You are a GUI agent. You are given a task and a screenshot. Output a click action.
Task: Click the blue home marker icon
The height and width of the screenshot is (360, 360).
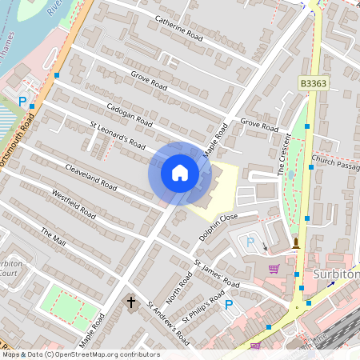[x=179, y=173]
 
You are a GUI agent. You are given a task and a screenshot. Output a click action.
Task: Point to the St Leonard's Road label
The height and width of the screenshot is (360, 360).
[x=118, y=134]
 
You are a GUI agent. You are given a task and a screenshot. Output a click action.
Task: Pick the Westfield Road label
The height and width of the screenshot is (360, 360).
[x=73, y=204]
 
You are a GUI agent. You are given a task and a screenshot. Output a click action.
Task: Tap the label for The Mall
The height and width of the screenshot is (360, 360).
[x=54, y=237]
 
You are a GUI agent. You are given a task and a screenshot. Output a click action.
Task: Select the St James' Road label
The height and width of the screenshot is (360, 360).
[x=216, y=274]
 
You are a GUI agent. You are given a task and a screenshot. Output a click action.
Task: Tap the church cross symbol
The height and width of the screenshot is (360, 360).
[x=132, y=302]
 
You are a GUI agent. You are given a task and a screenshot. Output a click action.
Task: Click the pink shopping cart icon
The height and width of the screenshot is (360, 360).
[x=274, y=269]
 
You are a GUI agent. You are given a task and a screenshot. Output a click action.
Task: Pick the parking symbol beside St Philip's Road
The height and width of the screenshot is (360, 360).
[x=229, y=304]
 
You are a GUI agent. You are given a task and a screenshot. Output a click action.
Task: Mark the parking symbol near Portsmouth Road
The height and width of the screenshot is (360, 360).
[x=22, y=101]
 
